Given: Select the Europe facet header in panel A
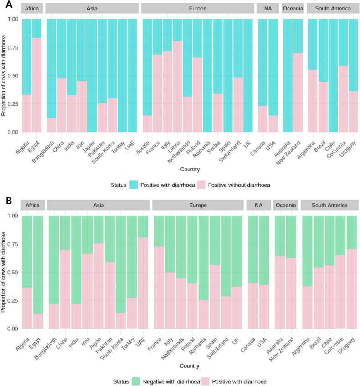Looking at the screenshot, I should click(197, 9).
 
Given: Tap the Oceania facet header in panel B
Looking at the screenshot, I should click(286, 205).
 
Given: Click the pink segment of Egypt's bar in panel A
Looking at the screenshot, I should click(37, 85).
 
